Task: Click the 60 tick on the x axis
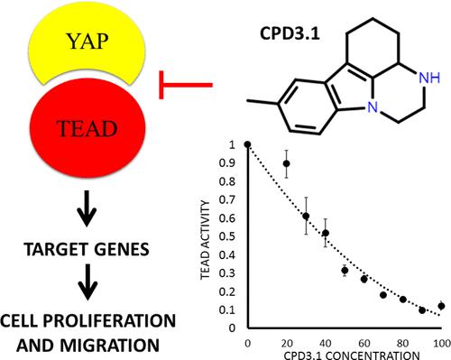point(364,340)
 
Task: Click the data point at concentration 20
point(287,163)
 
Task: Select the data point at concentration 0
point(247,144)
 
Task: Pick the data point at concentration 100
point(441,306)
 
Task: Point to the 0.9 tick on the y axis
point(234,162)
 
